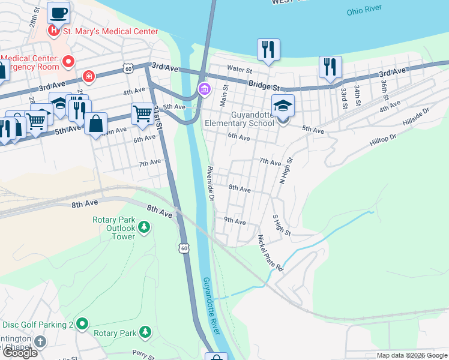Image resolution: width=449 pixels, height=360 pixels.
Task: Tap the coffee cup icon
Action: (58, 13)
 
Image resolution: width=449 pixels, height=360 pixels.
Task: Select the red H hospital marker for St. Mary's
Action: (54, 31)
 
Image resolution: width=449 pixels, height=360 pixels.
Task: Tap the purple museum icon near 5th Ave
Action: (204, 91)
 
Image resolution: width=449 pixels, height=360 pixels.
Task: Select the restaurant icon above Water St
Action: (268, 50)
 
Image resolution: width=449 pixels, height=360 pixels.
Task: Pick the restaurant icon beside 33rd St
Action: (330, 67)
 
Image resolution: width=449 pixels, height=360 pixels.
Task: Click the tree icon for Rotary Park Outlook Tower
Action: (144, 227)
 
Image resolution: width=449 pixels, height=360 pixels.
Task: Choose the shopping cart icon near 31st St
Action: (142, 113)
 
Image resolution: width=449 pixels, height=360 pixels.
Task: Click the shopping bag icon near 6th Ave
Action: (95, 124)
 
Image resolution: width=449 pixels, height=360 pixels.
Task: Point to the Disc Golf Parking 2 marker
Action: (82, 325)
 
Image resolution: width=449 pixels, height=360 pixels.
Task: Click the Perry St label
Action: (144, 354)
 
